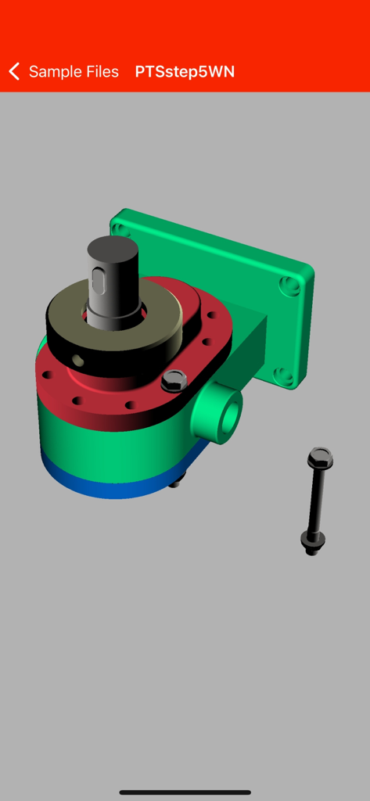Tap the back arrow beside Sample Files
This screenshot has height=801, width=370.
pos(13,72)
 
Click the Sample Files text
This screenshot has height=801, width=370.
pos(74,72)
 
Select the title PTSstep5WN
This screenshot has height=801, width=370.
pos(185,72)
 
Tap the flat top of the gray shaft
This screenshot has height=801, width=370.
pos(113,250)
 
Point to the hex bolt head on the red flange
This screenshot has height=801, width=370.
pos(174,379)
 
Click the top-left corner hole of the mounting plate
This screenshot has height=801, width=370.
pos(120,229)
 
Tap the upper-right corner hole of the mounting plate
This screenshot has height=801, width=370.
pos(290,287)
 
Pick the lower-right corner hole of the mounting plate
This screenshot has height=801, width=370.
pos(286,376)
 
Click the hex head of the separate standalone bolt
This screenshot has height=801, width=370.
pos(321,457)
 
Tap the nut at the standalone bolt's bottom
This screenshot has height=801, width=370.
pos(312,540)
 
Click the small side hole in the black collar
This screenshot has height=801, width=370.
pos(77,360)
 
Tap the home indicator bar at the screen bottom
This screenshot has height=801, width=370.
pos(185,792)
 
